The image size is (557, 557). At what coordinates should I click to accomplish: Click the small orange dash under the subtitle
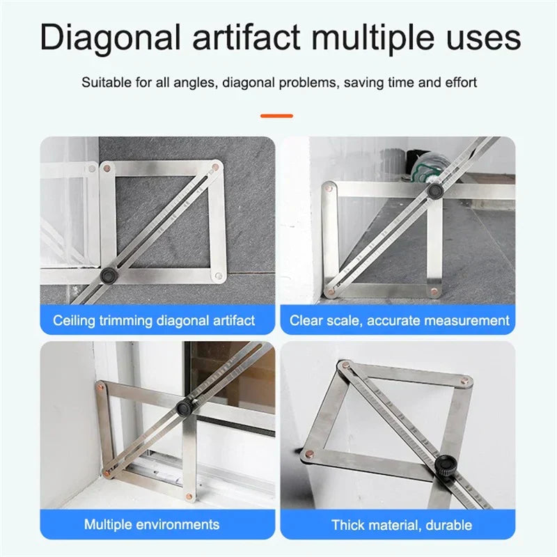pyautogui.click(x=277, y=116)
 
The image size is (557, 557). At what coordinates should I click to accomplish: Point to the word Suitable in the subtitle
pyautogui.click(x=106, y=82)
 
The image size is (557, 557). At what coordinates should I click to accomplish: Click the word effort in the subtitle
pyautogui.click(x=460, y=82)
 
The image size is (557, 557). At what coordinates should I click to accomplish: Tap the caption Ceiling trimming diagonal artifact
pyautogui.click(x=154, y=321)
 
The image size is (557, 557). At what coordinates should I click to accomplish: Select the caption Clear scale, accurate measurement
pyautogui.click(x=400, y=321)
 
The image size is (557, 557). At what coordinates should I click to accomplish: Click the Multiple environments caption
pyautogui.click(x=152, y=524)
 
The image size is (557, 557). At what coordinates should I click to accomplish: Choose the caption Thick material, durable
pyautogui.click(x=401, y=525)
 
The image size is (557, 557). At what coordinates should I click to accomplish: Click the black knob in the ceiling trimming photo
pyautogui.click(x=108, y=276)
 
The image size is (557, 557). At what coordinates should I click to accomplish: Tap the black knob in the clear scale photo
pyautogui.click(x=435, y=190)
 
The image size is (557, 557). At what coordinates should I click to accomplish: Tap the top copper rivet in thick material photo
pyautogui.click(x=344, y=365)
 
